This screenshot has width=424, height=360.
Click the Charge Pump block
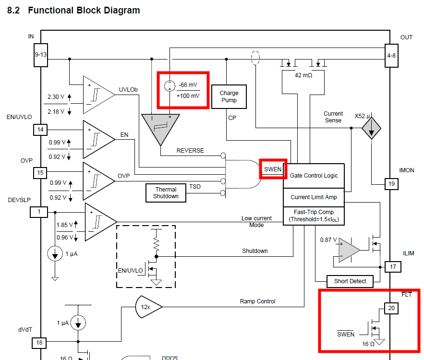[229, 97]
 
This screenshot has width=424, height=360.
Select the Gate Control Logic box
[314, 176]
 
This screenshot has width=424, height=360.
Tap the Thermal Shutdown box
[166, 192]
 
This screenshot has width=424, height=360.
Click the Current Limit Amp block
[314, 197]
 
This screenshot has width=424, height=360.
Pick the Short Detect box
[350, 281]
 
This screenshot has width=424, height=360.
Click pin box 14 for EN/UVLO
[40, 130]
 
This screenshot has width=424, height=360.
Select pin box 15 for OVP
[40, 173]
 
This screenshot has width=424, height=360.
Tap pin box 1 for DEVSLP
[40, 212]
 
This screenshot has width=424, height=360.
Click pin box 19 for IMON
[392, 183]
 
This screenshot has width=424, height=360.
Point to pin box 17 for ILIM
[393, 266]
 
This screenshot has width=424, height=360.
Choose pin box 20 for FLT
[391, 308]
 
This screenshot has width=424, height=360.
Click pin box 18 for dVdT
[40, 343]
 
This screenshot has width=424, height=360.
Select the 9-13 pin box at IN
[40, 55]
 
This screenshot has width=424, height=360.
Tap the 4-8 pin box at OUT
[392, 55]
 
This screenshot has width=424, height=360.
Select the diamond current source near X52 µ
[371, 129]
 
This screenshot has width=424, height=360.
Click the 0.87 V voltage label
[329, 240]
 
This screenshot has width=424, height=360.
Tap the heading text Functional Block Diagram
[84, 10]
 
